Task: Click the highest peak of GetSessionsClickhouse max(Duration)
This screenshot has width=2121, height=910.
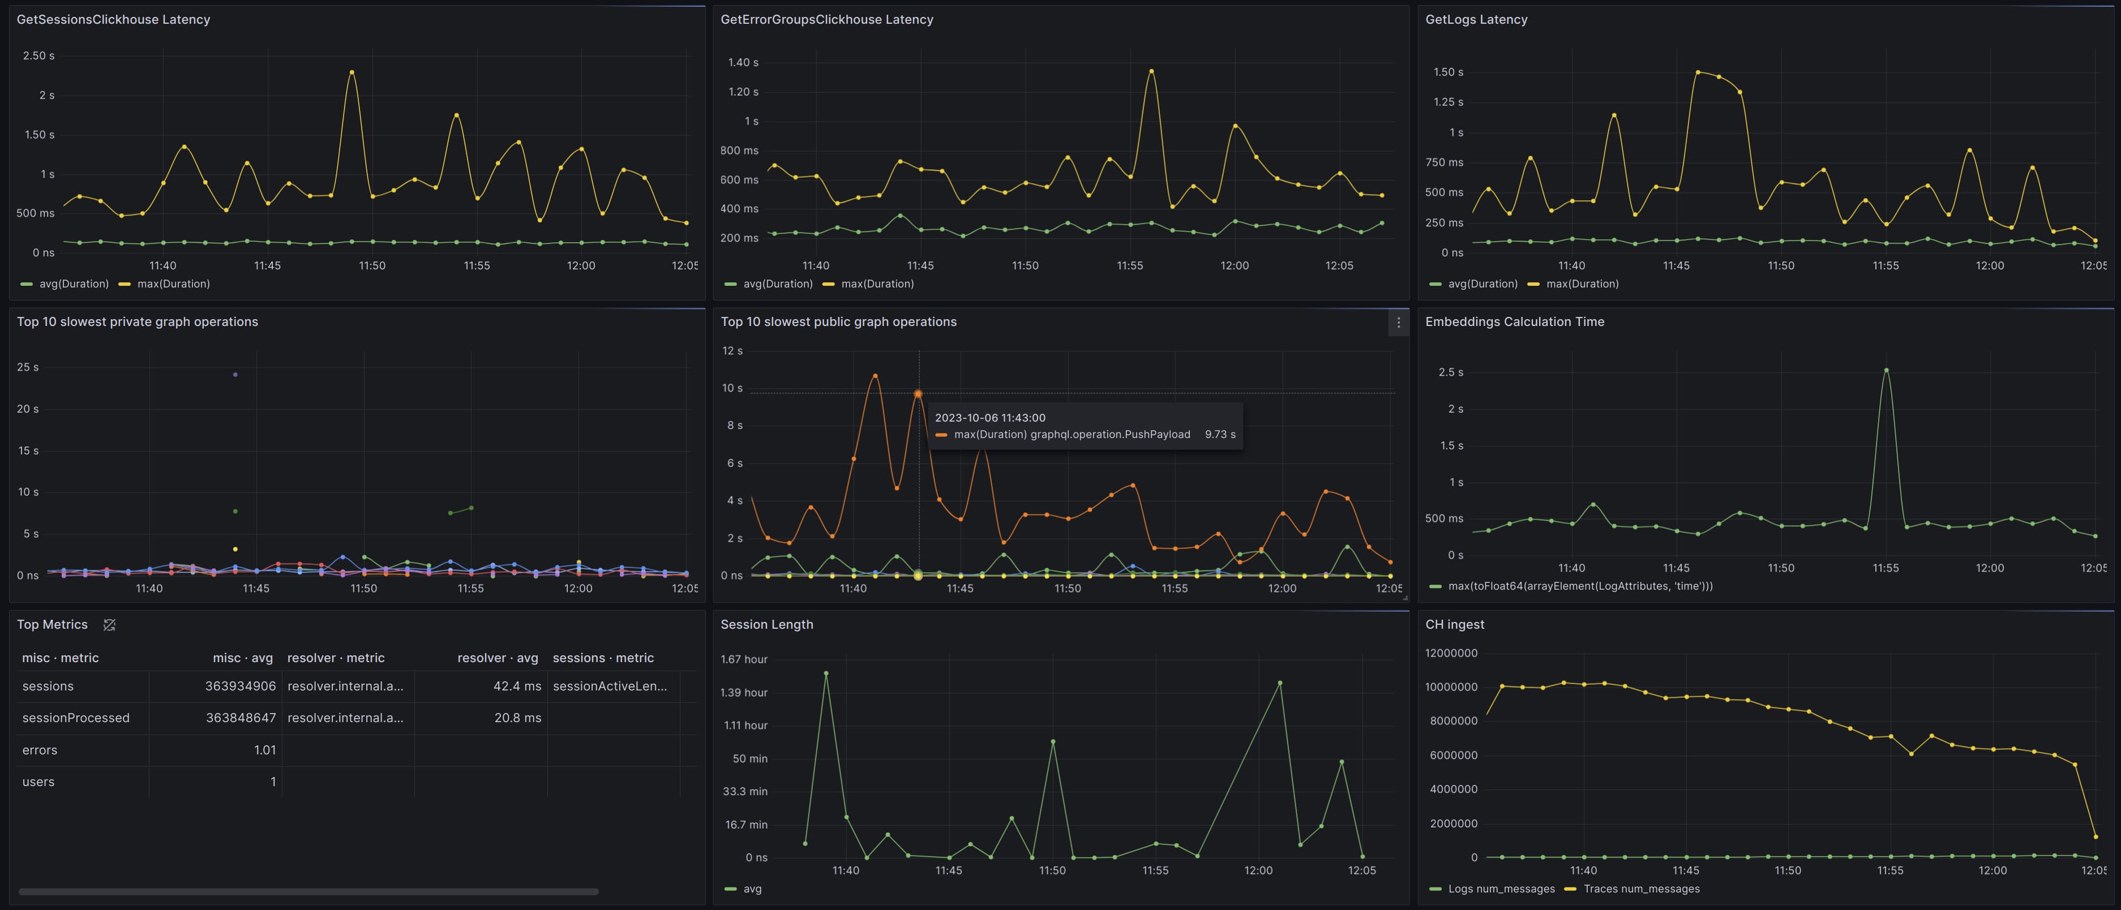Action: [x=352, y=72]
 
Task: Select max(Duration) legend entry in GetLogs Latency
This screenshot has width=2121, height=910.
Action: [x=1582, y=284]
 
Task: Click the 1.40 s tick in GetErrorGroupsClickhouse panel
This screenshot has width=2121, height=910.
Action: [x=743, y=63]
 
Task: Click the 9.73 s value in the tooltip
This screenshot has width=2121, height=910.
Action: [x=1219, y=434]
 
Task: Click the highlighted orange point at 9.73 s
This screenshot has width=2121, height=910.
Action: [x=918, y=394]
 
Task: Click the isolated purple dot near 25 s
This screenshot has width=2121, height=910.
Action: [x=235, y=375]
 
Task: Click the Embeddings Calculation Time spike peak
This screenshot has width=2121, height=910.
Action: [x=1886, y=370]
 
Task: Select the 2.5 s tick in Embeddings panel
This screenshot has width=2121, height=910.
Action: [x=1450, y=372]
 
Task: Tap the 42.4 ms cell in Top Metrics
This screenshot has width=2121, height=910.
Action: [x=517, y=686]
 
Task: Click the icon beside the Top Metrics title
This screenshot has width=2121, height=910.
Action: [x=109, y=625]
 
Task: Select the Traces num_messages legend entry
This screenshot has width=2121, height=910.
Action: [x=1641, y=888]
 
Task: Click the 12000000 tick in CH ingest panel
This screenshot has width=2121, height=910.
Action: [x=1451, y=653]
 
